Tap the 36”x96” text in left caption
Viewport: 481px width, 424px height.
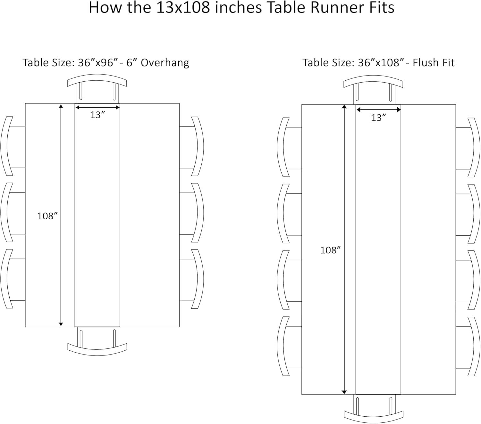[96, 62]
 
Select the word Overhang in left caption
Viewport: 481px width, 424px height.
[165, 62]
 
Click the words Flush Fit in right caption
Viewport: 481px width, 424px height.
[434, 62]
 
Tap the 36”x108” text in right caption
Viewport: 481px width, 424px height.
[380, 62]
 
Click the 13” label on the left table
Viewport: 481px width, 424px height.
[97, 115]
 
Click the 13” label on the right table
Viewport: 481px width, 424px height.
[378, 118]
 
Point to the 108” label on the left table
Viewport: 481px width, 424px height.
[47, 216]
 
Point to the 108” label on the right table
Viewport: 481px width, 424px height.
[330, 250]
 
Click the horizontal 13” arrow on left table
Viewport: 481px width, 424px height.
[97, 108]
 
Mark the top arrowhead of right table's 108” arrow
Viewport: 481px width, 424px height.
[344, 107]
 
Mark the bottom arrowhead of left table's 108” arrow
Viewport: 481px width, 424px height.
[61, 324]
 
